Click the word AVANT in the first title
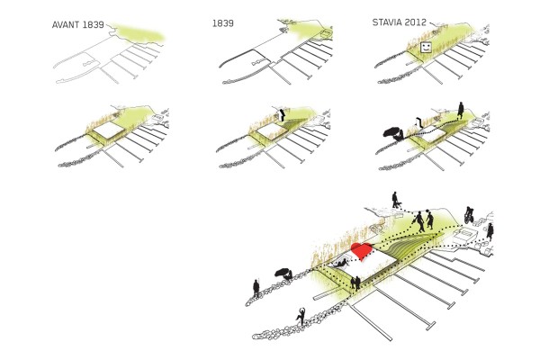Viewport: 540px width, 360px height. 66,25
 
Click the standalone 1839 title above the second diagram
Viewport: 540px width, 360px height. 223,23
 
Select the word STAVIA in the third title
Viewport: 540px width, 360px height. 387,22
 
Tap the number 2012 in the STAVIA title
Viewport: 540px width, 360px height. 415,22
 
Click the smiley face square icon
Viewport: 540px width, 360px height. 426,48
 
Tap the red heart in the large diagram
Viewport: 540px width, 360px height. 362,251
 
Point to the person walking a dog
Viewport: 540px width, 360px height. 396,200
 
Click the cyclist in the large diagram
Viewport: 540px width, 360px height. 468,215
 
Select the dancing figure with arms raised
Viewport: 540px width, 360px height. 301,316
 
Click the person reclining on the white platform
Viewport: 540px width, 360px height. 340,264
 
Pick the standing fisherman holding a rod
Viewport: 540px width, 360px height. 256,289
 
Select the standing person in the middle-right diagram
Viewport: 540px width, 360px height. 461,111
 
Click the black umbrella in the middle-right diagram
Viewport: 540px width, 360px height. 392,131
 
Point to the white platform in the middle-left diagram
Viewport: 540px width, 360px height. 109,130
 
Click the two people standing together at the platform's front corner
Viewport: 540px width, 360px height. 355,283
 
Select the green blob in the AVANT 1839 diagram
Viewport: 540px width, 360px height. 139,34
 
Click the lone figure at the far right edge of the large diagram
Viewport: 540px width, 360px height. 490,231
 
